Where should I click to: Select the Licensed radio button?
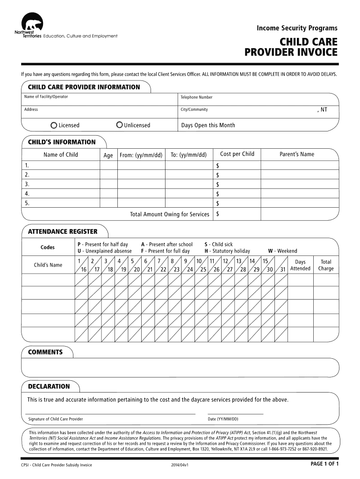[54, 125]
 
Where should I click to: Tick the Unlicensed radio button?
[120, 125]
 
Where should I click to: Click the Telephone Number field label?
[196, 97]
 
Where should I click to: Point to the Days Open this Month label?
[208, 125]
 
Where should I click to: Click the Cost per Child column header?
[237, 154]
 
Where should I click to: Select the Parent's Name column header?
[297, 154]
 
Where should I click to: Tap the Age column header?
[108, 155]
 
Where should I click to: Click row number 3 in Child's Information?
[27, 184]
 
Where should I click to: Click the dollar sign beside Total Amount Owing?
[218, 214]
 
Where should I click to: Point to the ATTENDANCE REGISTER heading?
[63, 232]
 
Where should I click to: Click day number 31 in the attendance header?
[282, 269]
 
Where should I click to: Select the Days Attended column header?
[300, 265]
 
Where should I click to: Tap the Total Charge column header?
[326, 265]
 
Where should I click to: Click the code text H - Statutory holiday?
[227, 251]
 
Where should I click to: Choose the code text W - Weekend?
[282, 251]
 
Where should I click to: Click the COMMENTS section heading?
[45, 352]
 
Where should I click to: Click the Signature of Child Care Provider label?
[56, 419]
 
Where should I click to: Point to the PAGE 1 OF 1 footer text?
[324, 464]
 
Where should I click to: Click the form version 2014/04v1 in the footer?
[180, 465]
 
